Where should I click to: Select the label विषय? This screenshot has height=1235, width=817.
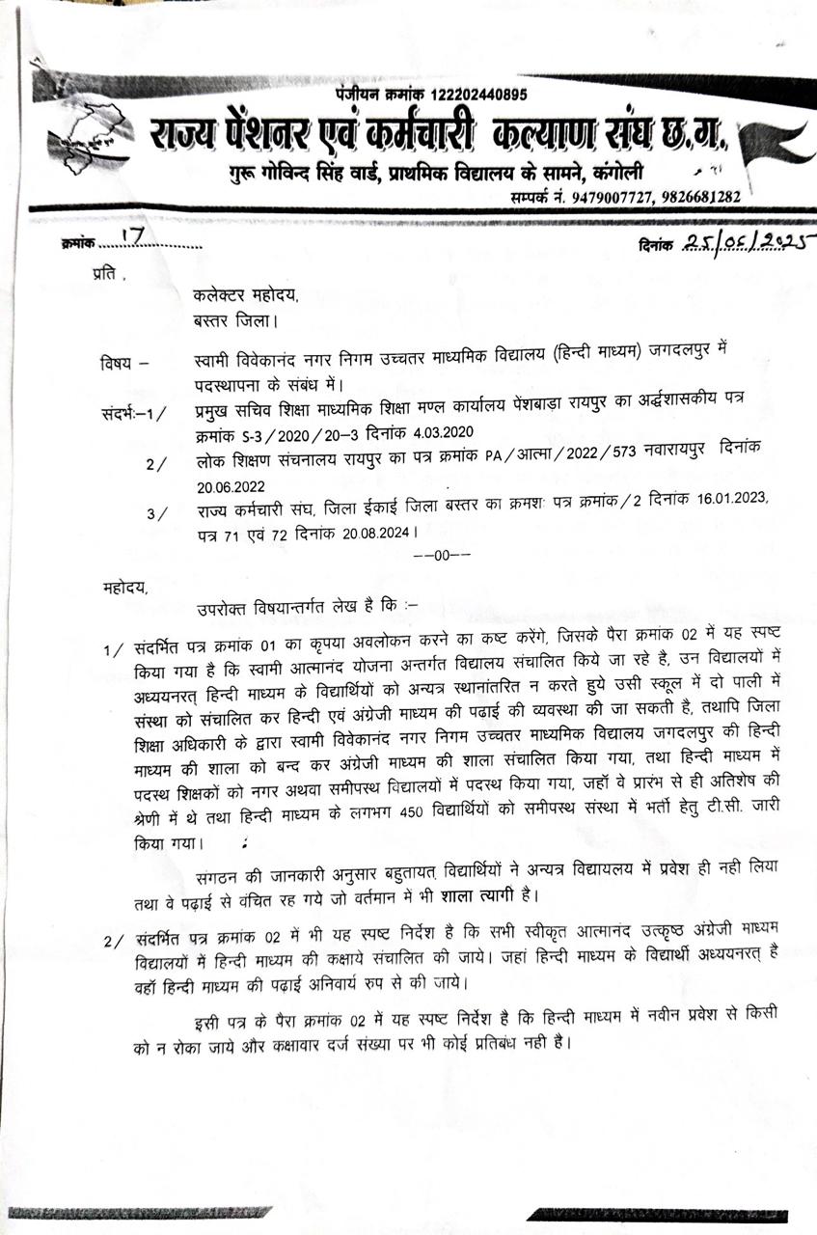coord(118,364)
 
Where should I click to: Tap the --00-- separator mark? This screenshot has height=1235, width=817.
coord(441,555)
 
